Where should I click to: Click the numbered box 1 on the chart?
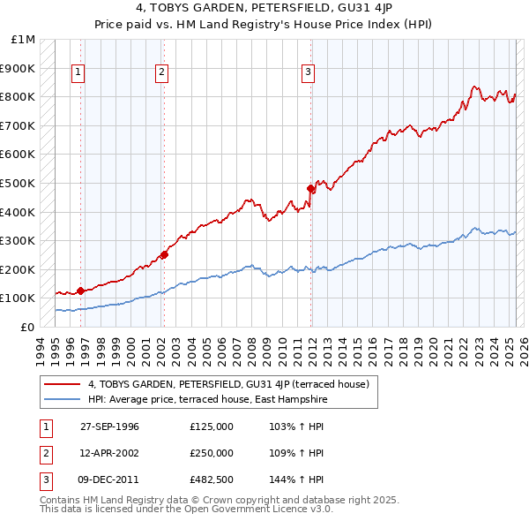78,73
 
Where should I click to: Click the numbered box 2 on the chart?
162,73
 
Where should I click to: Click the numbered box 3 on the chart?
308,73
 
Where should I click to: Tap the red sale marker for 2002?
164,255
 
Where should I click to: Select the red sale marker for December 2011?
310,188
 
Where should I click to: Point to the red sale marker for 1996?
80,291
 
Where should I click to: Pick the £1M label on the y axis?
23,40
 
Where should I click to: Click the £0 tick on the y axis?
28,327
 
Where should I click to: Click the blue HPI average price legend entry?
207,399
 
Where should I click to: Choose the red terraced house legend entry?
234,384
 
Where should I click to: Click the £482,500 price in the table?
212,479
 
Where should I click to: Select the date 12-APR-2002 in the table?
109,453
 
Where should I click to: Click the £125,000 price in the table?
212,427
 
